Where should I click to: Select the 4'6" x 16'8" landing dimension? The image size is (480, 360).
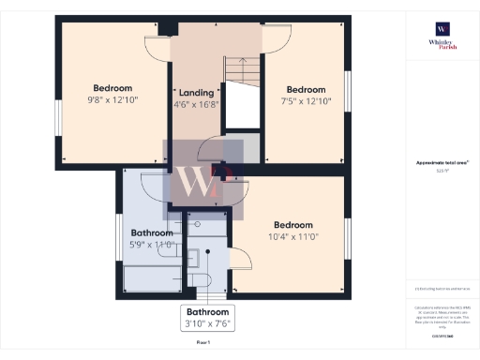click(x=197, y=105)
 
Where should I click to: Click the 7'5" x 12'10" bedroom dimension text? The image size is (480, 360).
click(x=305, y=98)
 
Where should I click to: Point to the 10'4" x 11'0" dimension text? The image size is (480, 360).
click(x=293, y=238)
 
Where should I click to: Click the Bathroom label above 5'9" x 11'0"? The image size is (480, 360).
click(x=151, y=232)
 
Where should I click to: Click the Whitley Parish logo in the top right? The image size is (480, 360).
click(x=441, y=37)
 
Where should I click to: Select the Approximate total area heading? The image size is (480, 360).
click(x=442, y=162)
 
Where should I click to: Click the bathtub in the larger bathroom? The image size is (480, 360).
click(x=152, y=278)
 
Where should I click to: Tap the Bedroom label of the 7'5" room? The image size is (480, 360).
click(x=305, y=85)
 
